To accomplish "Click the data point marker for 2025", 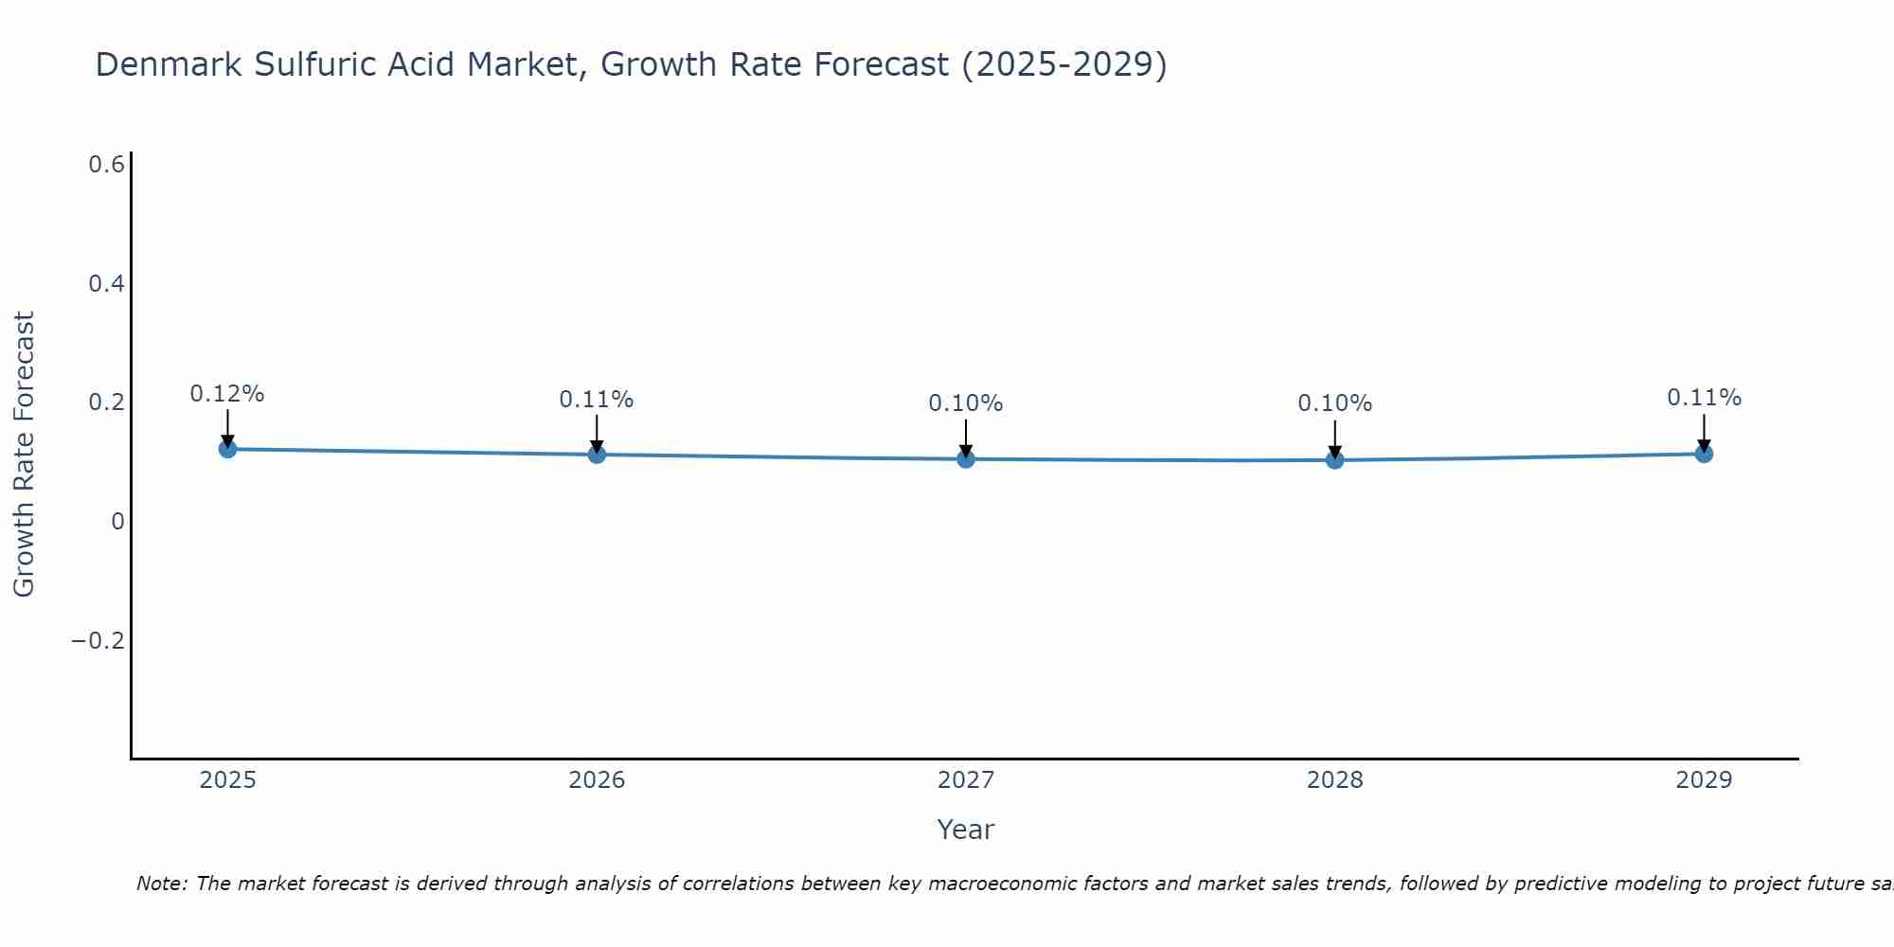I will point(227,449).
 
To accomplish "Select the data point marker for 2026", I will point(597,455).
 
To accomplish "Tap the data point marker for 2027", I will point(966,459).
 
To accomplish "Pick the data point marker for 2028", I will point(1335,460).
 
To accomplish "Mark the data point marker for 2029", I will point(1704,454).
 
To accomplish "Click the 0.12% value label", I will point(227,394).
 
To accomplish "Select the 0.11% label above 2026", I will point(597,400).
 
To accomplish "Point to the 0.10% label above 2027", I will point(966,403).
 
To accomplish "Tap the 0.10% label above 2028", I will point(1335,403).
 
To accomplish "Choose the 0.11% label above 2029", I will point(1704,398).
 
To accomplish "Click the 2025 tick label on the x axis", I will point(227,780).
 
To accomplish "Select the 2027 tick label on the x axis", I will point(966,780).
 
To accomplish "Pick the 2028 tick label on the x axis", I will point(1335,780).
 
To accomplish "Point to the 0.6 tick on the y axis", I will point(107,165).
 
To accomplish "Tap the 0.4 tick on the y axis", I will point(107,284).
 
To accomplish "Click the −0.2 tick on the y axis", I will point(98,641).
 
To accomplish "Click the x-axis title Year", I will point(966,830).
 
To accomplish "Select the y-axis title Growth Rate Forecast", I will point(25,455).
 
